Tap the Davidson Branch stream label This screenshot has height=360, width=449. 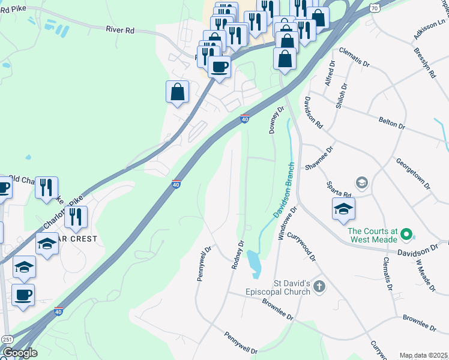pyautogui.click(x=283, y=190)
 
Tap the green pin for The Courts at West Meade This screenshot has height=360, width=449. pyautogui.click(x=407, y=233)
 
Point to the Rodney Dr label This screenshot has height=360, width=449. pyautogui.click(x=238, y=255)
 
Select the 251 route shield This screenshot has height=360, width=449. pyautogui.click(x=6, y=340)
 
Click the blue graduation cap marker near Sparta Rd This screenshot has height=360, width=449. pyautogui.click(x=344, y=209)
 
